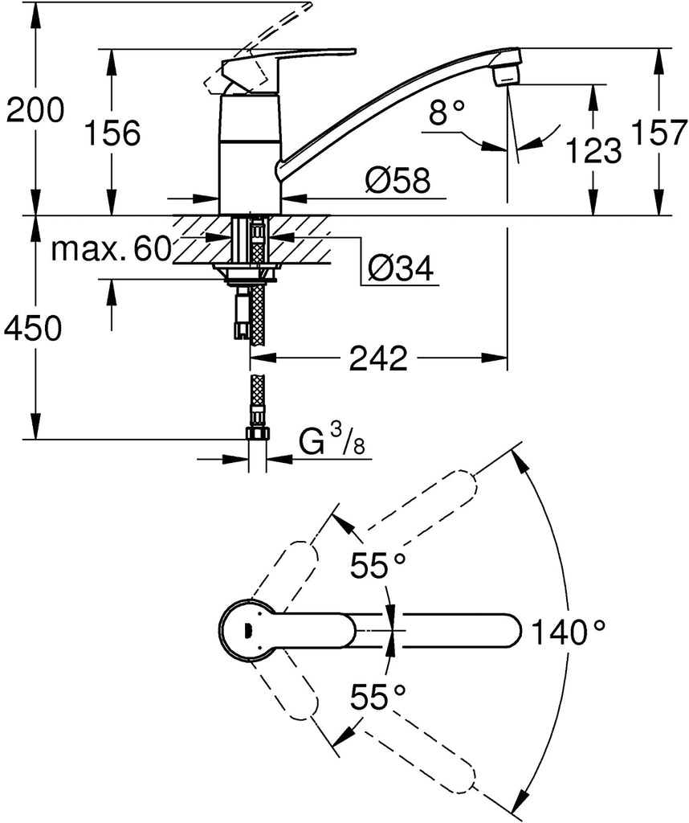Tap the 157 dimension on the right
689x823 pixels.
tap(659, 132)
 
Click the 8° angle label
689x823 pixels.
tap(447, 114)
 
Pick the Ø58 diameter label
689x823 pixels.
tap(397, 182)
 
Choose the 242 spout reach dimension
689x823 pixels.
tap(378, 358)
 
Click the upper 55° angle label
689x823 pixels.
tap(378, 566)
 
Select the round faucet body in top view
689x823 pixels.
tap(249, 631)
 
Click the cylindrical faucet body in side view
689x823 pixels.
tap(250, 153)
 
